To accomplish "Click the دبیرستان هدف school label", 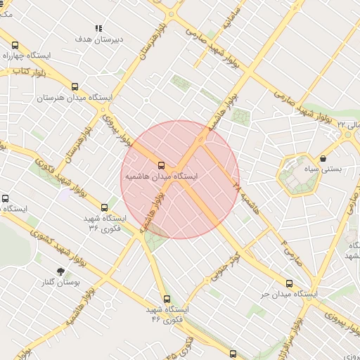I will (99, 39).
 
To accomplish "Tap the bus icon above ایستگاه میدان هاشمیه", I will (162, 165).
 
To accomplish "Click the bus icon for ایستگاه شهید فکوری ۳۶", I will (105, 207).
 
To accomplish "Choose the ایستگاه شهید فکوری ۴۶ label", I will (167, 314).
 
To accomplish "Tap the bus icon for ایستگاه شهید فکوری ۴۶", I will (167, 299).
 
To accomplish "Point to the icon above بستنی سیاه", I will (322, 159).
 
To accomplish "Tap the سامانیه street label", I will (234, 21).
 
